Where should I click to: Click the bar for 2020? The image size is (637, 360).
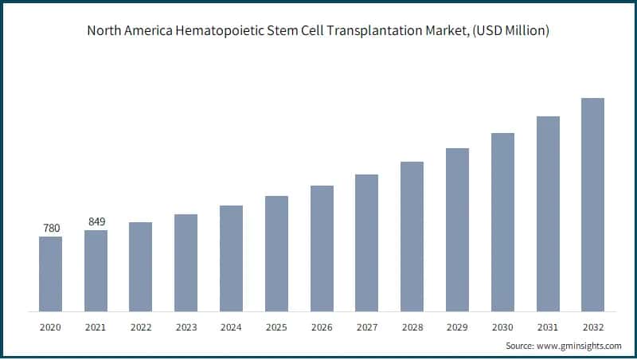(x=50, y=273)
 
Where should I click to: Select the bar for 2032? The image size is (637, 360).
(x=592, y=204)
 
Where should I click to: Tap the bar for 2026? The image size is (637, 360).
(x=322, y=248)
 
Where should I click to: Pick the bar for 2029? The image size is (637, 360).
(x=457, y=229)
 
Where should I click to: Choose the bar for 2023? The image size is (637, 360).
(x=186, y=262)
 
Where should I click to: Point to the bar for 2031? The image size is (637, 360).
(x=548, y=213)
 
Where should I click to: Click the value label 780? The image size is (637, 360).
(x=51, y=229)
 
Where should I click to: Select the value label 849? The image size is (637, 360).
(x=96, y=221)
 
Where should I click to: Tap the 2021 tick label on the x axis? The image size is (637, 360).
(x=96, y=327)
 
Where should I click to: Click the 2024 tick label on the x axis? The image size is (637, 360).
(x=231, y=327)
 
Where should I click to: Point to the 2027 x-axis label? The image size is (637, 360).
(x=366, y=327)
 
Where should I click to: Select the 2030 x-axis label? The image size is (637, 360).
(x=502, y=327)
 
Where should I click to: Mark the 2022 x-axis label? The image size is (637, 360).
(x=141, y=327)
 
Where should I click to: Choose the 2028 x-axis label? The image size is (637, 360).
(x=412, y=327)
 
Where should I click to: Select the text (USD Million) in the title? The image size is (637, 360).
(x=511, y=31)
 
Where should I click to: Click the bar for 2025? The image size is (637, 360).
(x=276, y=253)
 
